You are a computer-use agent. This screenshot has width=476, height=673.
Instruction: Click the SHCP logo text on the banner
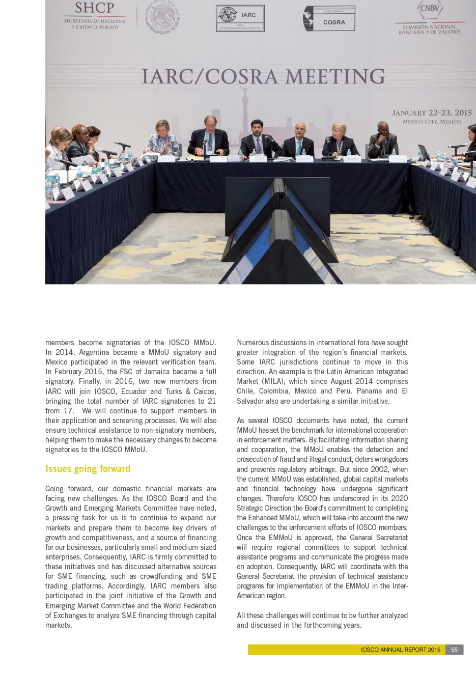click(x=94, y=8)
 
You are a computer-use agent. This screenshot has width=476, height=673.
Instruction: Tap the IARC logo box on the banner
click(x=240, y=18)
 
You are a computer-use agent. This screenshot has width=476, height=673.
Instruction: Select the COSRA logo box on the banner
click(x=329, y=19)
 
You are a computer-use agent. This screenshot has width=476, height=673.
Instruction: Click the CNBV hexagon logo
click(x=430, y=9)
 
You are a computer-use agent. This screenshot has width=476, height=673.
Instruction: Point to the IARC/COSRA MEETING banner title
click(x=263, y=76)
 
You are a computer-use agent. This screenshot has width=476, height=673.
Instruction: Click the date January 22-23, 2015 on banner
click(x=432, y=113)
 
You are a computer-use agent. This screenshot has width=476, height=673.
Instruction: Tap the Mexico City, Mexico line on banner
click(x=432, y=122)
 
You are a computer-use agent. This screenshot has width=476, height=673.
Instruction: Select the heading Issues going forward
click(x=88, y=469)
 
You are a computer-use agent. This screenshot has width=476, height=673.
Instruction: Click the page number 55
click(x=454, y=650)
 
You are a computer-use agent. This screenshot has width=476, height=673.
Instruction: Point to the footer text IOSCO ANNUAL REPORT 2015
click(x=400, y=650)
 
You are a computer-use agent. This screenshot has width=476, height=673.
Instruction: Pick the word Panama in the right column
click(x=369, y=391)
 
